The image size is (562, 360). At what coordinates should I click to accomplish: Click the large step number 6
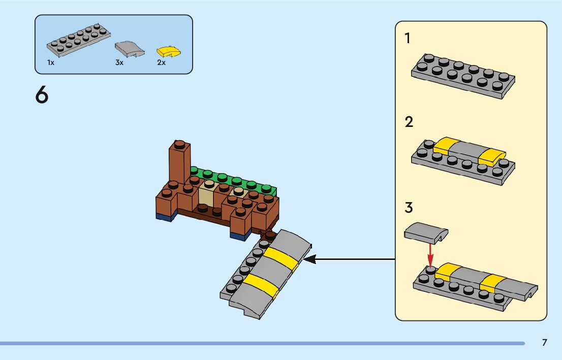42,95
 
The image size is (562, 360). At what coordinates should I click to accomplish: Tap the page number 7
544,343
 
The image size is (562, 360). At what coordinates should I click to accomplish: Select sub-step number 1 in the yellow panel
408,38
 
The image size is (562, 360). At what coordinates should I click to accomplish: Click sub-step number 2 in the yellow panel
409,122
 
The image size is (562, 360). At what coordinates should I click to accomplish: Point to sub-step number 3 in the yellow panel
409,208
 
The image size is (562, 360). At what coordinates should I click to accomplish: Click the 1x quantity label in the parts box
51,62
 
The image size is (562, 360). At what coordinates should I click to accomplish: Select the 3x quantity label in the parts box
119,62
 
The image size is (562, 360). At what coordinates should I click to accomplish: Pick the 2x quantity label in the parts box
161,62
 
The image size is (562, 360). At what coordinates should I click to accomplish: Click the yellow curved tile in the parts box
169,51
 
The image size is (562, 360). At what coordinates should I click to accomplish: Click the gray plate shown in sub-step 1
463,76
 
